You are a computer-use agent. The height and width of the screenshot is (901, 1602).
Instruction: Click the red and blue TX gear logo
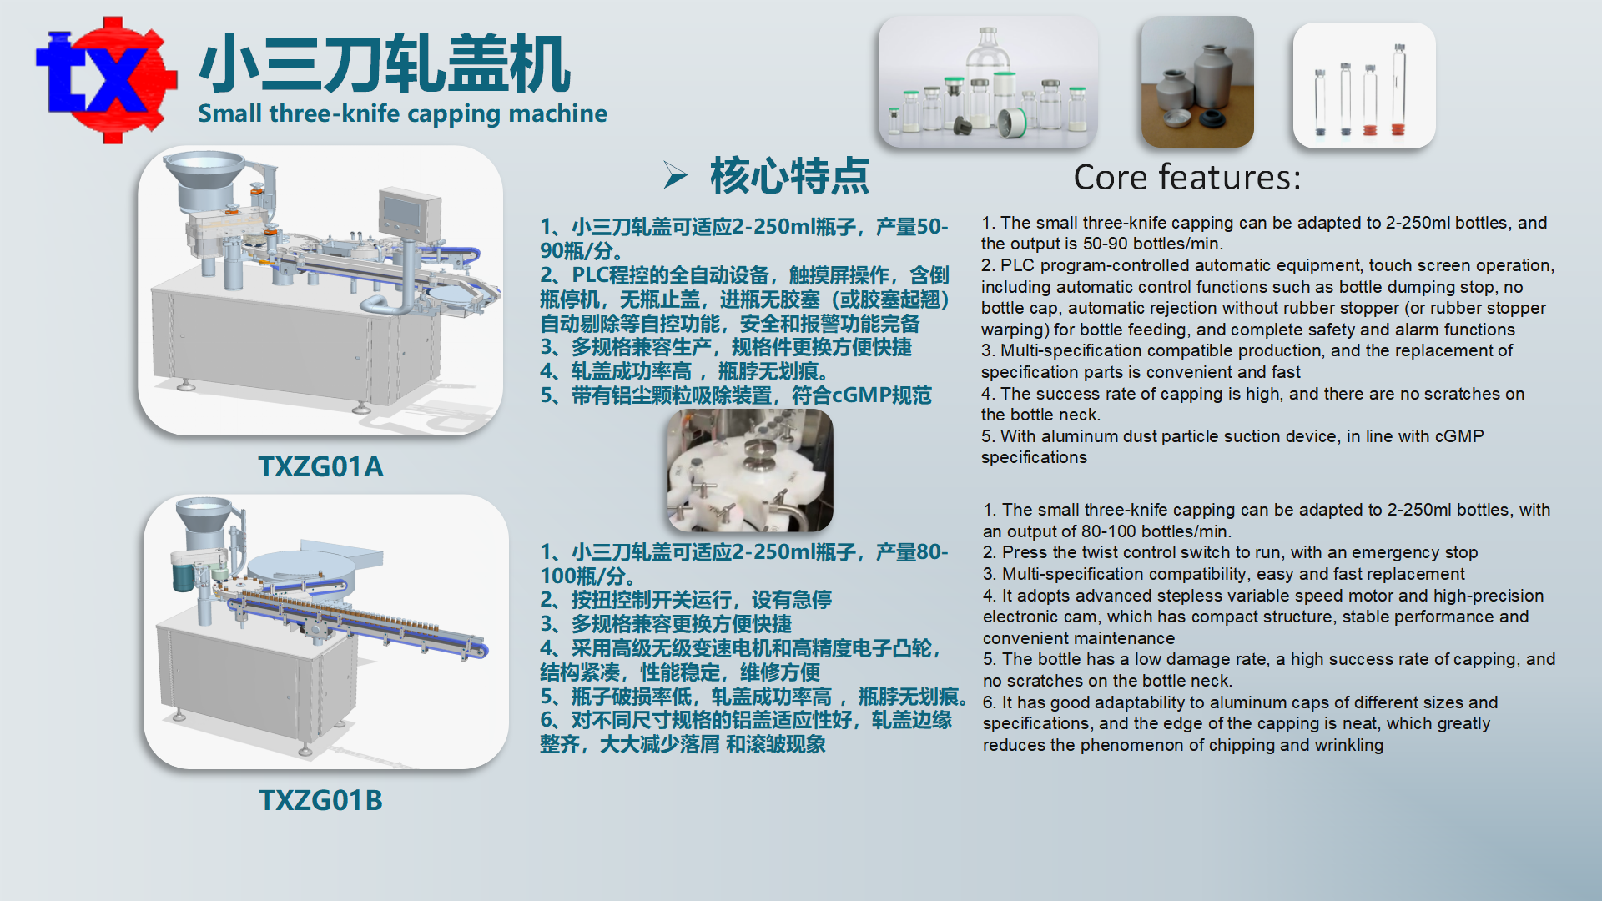(106, 79)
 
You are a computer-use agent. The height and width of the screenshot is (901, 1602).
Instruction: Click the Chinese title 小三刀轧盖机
(385, 64)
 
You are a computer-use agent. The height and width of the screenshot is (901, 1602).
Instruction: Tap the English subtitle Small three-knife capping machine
(402, 113)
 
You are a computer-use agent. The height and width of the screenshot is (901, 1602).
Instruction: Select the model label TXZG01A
(320, 466)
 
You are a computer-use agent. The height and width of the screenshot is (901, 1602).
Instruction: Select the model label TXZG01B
(320, 800)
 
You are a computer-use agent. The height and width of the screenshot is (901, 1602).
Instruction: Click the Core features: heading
(1186, 178)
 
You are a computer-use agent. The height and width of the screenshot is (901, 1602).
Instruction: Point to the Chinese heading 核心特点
(789, 176)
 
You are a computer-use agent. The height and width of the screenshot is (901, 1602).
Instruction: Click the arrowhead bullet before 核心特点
(675, 175)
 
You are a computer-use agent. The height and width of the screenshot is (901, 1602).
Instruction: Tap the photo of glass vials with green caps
(988, 82)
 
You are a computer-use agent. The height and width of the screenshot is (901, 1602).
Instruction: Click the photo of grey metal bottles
(1197, 82)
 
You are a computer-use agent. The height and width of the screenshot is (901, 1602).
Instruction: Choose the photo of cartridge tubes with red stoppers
(1364, 85)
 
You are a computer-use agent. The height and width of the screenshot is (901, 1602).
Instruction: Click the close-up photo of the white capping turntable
(750, 471)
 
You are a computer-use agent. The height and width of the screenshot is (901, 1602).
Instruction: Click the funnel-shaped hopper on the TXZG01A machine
(204, 179)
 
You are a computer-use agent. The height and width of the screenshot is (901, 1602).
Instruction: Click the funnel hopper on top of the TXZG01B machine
(203, 521)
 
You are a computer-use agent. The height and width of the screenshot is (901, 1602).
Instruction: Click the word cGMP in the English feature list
(1459, 436)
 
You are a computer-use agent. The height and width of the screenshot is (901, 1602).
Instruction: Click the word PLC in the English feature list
(1016, 265)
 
